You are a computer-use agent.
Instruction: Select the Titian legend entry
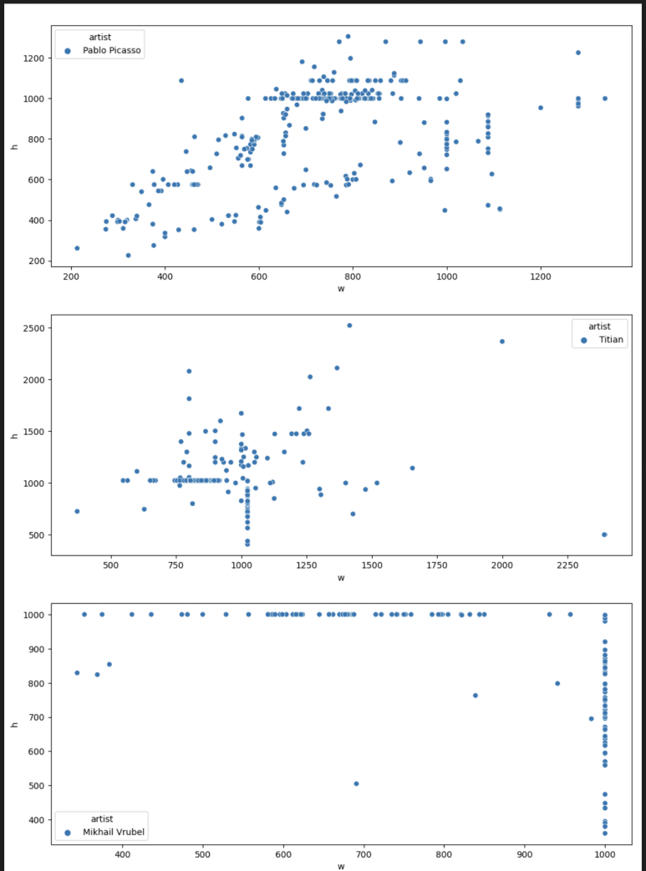click(611, 340)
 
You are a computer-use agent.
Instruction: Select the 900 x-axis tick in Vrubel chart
click(525, 854)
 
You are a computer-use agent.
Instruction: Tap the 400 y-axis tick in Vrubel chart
click(38, 820)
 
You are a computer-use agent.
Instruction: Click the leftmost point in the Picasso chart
click(77, 248)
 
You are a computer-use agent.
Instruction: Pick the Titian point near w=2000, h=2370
click(502, 341)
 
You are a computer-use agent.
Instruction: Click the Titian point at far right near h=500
click(604, 534)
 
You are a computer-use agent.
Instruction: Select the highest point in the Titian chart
click(349, 326)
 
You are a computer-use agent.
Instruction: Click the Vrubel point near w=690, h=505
click(356, 783)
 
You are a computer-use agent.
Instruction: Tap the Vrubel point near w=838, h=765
click(475, 695)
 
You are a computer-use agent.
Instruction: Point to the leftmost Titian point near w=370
click(77, 511)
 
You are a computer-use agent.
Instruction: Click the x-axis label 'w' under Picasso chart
click(341, 289)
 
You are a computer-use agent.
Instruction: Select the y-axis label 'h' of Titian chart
click(14, 434)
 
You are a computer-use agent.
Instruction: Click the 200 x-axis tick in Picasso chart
click(71, 276)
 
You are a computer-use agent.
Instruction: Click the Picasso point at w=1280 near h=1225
click(577, 53)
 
